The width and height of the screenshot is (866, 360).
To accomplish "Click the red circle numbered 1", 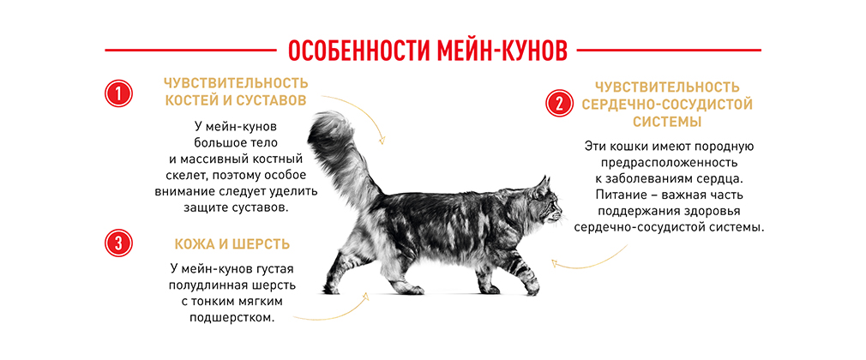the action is pyautogui.click(x=119, y=93).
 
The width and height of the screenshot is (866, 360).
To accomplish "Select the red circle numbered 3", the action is pyautogui.click(x=119, y=243).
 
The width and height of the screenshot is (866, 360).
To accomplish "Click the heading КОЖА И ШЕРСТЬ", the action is pyautogui.click(x=232, y=244).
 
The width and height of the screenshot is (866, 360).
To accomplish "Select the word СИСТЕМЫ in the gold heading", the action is pyautogui.click(x=667, y=122).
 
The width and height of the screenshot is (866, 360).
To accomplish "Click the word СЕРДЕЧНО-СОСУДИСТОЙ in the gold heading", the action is pyautogui.click(x=667, y=105).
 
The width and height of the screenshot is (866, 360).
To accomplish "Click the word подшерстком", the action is pyautogui.click(x=232, y=318).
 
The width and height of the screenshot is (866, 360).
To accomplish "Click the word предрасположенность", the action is pyautogui.click(x=667, y=164).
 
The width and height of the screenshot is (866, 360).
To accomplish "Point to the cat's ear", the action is pyautogui.click(x=544, y=185).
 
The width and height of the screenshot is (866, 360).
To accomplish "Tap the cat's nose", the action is pyautogui.click(x=560, y=213).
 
